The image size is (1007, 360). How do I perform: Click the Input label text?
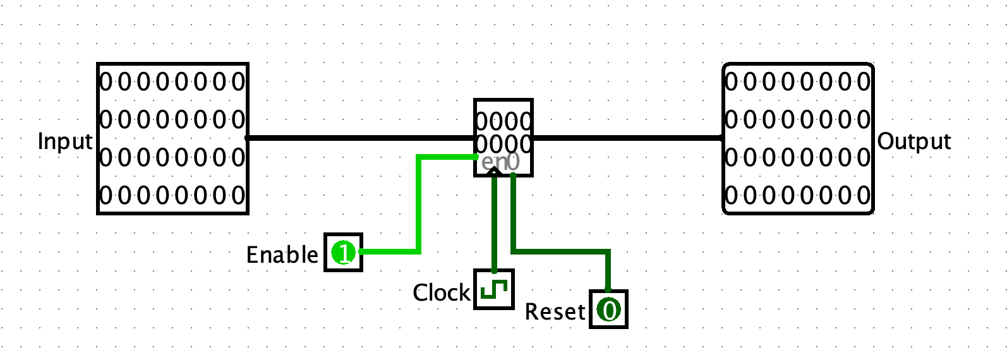[65, 141]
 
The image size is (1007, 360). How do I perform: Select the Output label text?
[914, 142]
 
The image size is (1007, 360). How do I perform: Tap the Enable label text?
[282, 255]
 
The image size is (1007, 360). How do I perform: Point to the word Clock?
[442, 292]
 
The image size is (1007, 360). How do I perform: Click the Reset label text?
[555, 311]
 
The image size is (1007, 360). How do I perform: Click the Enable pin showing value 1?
[344, 253]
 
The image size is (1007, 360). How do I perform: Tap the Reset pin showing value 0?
[609, 309]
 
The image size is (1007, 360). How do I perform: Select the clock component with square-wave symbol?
[494, 290]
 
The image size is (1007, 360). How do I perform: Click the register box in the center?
[503, 138]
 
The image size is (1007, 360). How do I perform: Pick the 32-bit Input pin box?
[173, 138]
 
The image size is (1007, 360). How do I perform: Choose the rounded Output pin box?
[799, 138]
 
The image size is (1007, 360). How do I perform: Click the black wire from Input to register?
[361, 138]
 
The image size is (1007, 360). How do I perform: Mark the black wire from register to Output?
[627, 138]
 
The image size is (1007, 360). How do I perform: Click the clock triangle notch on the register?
[495, 171]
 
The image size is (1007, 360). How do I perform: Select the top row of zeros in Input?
[172, 82]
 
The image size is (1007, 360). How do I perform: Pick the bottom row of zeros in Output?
[798, 196]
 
